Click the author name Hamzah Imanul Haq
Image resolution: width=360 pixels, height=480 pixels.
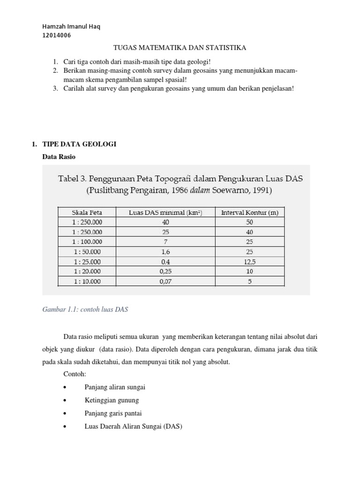[71, 26]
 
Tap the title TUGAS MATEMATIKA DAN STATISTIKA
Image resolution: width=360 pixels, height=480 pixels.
[180, 48]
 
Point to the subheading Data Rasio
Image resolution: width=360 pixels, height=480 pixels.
[59, 157]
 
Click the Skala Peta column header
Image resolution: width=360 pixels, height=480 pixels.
[87, 212]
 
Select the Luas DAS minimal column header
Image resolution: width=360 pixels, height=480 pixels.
[165, 212]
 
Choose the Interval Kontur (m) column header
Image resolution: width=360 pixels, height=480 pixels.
[249, 212]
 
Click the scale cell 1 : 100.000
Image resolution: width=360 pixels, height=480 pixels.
[87, 242]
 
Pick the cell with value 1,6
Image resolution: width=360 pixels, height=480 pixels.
[165, 252]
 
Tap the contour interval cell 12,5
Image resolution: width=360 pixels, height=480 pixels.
[249, 262]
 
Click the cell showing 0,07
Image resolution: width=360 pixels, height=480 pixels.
[165, 281]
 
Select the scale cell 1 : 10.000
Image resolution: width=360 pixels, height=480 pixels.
[87, 281]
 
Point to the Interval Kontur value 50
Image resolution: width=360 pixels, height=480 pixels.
[249, 222]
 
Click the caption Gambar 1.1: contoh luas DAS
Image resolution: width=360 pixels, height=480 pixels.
[85, 309]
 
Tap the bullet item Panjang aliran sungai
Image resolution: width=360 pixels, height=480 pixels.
[115, 387]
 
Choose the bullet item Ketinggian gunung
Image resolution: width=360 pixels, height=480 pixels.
[112, 400]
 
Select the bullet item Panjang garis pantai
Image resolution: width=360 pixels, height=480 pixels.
[113, 413]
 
